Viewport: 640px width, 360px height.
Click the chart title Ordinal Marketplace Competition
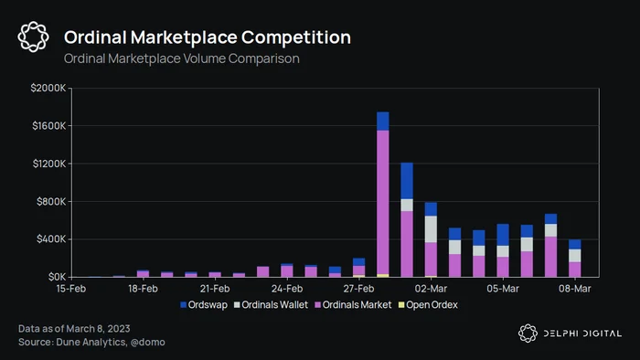(x=208, y=37)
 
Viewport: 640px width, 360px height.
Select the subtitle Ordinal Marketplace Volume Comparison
(x=182, y=58)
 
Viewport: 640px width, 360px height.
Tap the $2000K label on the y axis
(x=48, y=88)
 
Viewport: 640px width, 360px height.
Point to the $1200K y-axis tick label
(x=49, y=164)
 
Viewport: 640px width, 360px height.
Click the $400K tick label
(x=51, y=239)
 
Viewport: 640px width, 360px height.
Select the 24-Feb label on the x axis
(x=287, y=289)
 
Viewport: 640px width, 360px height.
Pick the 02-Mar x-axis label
(x=431, y=289)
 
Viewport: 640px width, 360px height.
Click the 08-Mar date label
(x=575, y=289)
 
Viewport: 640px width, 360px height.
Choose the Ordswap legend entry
(x=204, y=305)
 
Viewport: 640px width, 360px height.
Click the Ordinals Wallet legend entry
(x=271, y=305)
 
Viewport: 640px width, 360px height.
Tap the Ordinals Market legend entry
(x=353, y=305)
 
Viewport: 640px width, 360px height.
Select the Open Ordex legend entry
(x=428, y=305)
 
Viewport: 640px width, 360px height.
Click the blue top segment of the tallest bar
(x=383, y=122)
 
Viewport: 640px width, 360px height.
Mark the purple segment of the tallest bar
(x=383, y=202)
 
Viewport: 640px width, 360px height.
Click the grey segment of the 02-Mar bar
(x=431, y=229)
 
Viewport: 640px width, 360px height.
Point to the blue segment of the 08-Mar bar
(x=575, y=244)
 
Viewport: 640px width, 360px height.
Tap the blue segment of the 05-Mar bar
(x=503, y=235)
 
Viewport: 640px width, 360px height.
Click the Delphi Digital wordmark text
(x=582, y=334)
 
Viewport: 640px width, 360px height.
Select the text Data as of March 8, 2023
(x=74, y=329)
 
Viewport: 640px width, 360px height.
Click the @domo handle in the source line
(x=148, y=342)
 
